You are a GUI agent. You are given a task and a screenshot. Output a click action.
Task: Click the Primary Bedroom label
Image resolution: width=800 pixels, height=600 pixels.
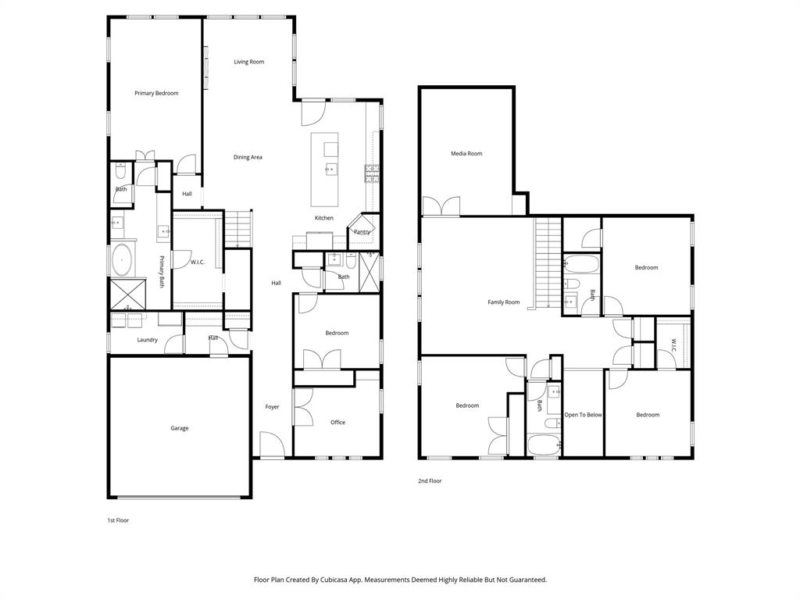pyautogui.click(x=156, y=93)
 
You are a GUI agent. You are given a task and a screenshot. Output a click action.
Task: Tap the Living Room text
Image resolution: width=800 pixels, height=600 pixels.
pyautogui.click(x=248, y=62)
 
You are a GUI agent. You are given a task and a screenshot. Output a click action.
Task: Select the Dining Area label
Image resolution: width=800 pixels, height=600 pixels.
pyautogui.click(x=248, y=157)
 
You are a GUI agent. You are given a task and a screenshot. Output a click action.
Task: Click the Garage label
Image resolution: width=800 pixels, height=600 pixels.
pyautogui.click(x=179, y=428)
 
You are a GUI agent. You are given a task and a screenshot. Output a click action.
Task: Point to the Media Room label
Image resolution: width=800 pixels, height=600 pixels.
pyautogui.click(x=466, y=154)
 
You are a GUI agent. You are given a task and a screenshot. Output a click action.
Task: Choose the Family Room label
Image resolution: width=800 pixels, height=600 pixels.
pyautogui.click(x=503, y=302)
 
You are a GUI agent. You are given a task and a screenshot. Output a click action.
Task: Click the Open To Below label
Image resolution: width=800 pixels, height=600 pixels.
pyautogui.click(x=584, y=415)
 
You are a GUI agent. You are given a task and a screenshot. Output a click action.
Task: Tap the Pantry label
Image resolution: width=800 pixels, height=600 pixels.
pyautogui.click(x=362, y=232)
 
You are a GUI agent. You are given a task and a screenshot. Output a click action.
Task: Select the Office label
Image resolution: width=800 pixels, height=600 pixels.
pyautogui.click(x=337, y=423)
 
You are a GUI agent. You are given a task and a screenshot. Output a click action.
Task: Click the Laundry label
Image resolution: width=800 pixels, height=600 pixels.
pyautogui.click(x=148, y=340)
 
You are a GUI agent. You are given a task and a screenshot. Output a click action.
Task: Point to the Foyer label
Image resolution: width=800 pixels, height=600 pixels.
pyautogui.click(x=272, y=407)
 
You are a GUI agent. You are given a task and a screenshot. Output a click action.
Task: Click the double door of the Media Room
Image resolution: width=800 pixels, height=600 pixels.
pyautogui.click(x=441, y=205)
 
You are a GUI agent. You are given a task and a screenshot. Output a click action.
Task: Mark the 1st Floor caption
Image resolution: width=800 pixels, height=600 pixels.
pyautogui.click(x=118, y=520)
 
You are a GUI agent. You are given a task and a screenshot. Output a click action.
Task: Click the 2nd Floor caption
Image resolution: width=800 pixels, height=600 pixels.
pyautogui.click(x=430, y=481)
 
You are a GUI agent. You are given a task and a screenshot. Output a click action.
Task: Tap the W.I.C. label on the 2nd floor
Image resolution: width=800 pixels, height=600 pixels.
pyautogui.click(x=673, y=344)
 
